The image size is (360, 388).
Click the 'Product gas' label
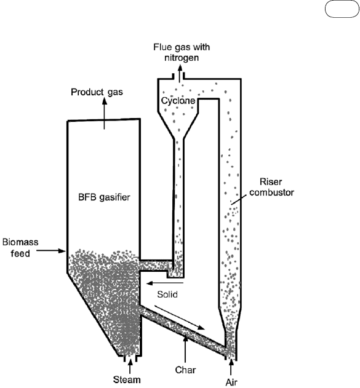point(97,92)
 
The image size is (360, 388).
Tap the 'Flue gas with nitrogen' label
point(182,52)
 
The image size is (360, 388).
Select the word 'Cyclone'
point(178,101)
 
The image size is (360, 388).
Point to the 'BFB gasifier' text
point(104,197)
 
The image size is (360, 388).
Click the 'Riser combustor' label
point(271,187)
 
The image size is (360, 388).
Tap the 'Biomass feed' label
point(20,247)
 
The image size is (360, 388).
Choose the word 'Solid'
point(167,294)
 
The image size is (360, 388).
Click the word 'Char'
point(185,370)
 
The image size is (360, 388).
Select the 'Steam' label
point(127,379)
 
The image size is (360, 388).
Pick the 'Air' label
point(231,382)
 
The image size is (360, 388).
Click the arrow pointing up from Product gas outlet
point(104,113)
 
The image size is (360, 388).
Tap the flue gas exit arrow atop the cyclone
point(180,73)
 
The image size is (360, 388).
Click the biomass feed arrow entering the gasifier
point(51,251)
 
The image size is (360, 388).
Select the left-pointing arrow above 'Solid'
point(165,283)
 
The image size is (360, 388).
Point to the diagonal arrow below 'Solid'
point(180,317)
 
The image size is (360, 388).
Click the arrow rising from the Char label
point(185,349)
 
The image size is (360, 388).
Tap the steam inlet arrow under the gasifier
point(130,366)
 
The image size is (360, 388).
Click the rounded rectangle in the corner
point(342,9)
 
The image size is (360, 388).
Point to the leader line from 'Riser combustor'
point(239,199)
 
